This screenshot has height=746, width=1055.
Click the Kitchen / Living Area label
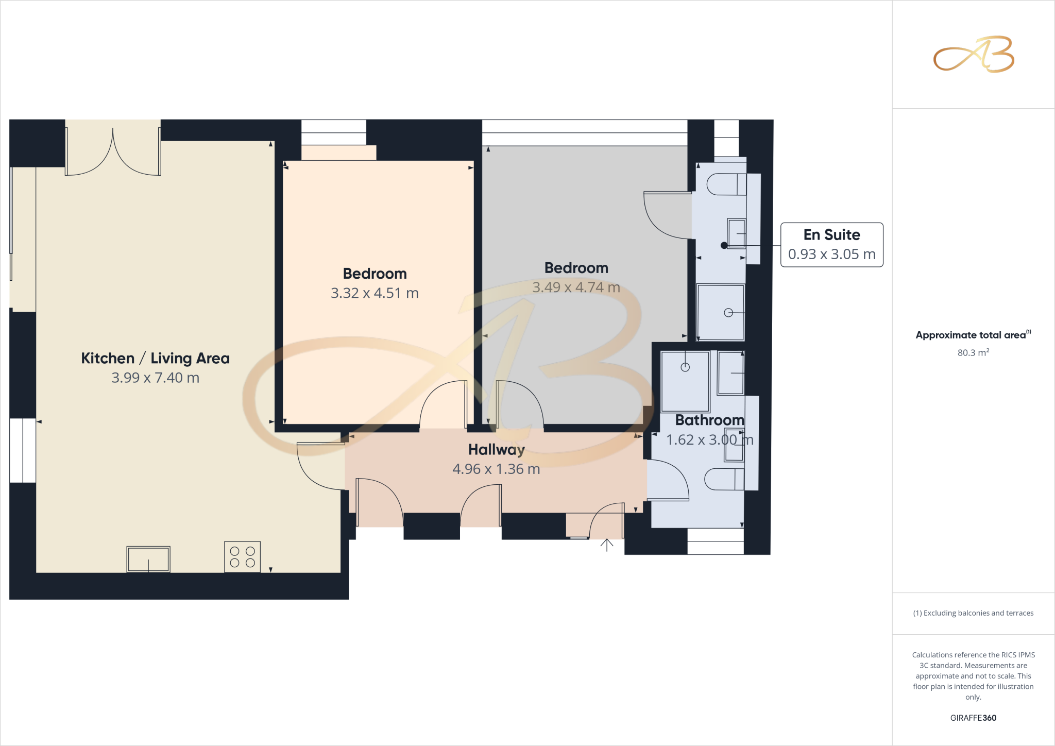pos(155,358)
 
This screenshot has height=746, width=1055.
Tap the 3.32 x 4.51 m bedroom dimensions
pos(375,293)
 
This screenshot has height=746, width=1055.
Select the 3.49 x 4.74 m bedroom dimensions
pos(576,287)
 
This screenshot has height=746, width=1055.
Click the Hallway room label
pos(496,450)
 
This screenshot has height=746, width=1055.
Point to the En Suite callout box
pos(831,245)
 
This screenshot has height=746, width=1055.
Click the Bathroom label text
pos(709,420)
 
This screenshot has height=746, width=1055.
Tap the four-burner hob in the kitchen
pos(242,557)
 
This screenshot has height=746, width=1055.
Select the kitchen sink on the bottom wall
pos(148,559)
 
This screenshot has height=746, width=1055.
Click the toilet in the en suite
pos(726,184)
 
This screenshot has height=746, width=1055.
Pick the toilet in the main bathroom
pos(724,479)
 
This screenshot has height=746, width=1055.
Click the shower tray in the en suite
pos(720,312)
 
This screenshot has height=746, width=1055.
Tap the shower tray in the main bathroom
pos(685,382)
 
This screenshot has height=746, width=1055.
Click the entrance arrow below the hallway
pos(607,545)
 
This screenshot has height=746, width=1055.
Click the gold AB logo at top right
pos(974,55)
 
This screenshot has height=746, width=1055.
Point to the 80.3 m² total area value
pos(973,353)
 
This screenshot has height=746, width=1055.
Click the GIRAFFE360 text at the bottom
pos(973,718)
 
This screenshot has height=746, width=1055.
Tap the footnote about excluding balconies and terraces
pos(973,613)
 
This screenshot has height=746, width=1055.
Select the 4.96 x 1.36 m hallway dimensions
pos(496,469)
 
